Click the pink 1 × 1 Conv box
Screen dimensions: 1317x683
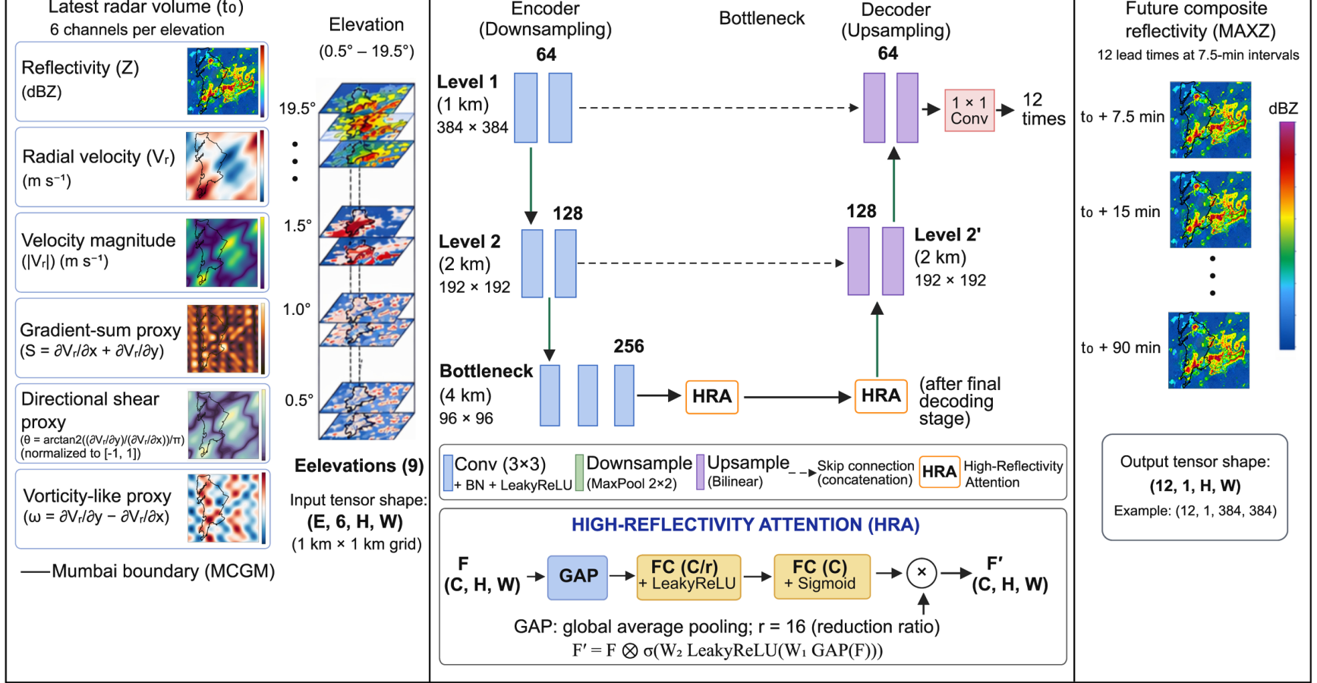(969, 110)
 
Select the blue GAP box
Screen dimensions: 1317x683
(578, 576)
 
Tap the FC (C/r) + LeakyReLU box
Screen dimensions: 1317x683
(688, 577)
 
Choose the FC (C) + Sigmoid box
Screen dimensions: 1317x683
(821, 576)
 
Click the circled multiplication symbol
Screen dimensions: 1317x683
(922, 573)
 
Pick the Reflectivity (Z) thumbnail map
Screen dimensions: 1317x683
(222, 81)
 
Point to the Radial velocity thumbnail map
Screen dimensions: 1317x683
(222, 166)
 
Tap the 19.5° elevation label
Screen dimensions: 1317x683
(297, 109)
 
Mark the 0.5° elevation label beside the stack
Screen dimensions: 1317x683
(299, 400)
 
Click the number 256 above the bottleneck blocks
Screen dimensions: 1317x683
(629, 346)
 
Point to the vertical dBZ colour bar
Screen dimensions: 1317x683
(1287, 235)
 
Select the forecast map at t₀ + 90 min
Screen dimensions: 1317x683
(1208, 350)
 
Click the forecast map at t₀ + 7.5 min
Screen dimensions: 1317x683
(1210, 119)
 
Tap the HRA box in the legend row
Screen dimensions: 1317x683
(939, 472)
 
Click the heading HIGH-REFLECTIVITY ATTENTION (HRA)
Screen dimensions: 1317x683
(745, 524)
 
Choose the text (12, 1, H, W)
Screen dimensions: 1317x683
(1195, 486)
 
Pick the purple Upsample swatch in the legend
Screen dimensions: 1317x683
(700, 472)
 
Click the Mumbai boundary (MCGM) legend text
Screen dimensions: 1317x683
(163, 571)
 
